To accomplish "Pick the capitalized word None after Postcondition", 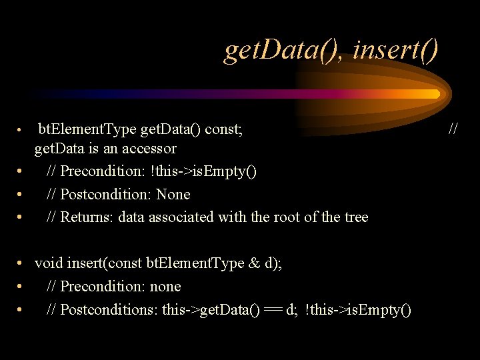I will point(175,195).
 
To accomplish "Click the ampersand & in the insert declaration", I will point(255,263).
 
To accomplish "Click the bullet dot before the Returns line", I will point(21,218).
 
